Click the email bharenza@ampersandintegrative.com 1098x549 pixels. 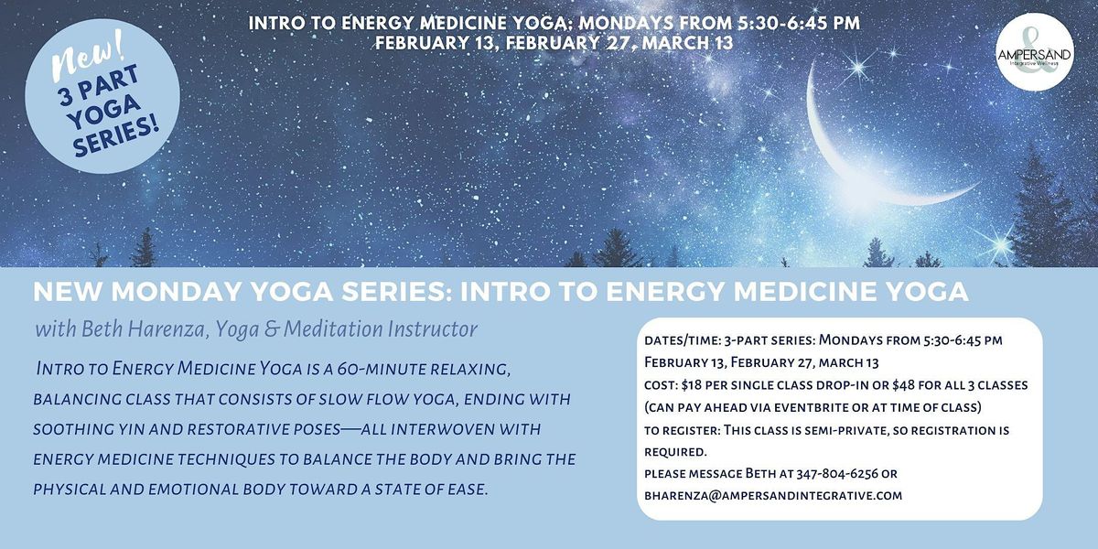point(773,496)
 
